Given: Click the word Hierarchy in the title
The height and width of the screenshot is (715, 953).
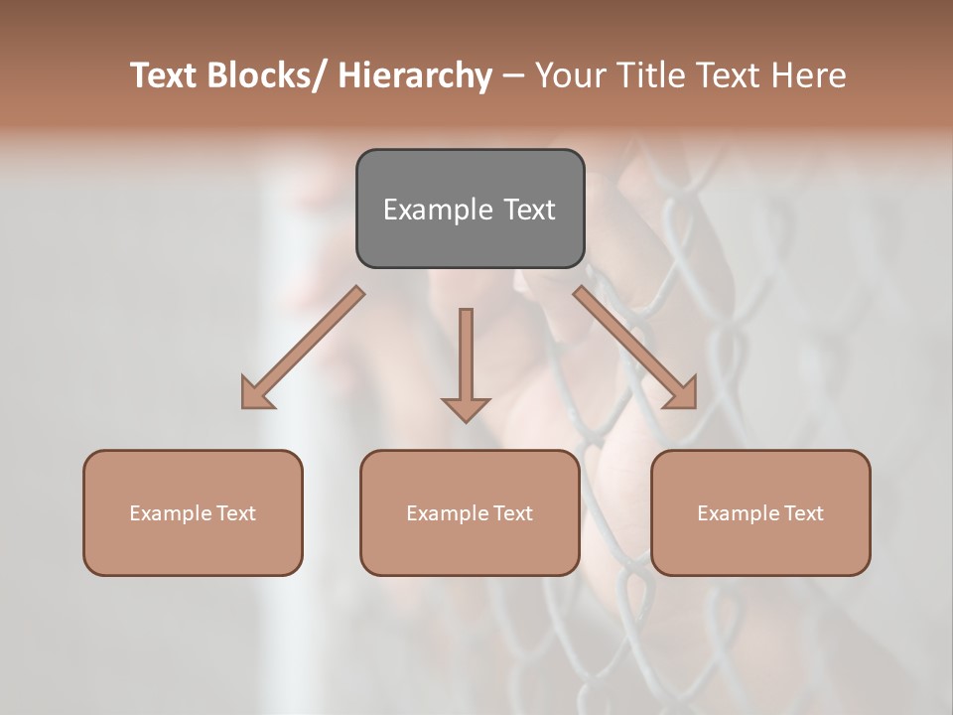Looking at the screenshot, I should (415, 75).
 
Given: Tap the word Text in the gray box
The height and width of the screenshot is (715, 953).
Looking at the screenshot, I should (529, 211).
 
